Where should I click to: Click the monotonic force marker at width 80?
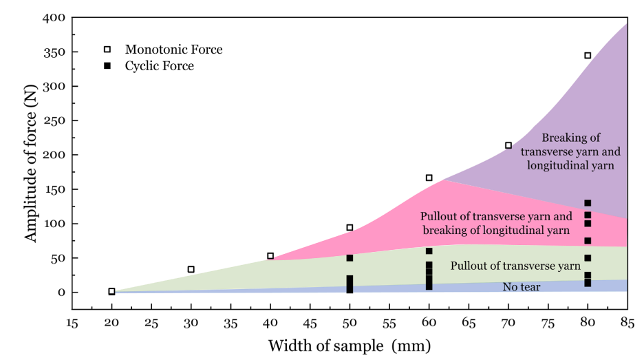588,56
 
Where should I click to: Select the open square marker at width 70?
508,145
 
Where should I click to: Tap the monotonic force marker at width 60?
429,178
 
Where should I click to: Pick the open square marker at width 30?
191,269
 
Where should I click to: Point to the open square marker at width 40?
270,255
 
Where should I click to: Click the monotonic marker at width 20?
112,291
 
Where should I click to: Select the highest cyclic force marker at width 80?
588,203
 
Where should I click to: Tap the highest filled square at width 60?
429,251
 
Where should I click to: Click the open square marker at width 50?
350,227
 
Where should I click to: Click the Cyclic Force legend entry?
159,66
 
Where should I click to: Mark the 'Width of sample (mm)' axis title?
350,345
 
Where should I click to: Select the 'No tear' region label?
522,286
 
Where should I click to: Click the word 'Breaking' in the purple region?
561,138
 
